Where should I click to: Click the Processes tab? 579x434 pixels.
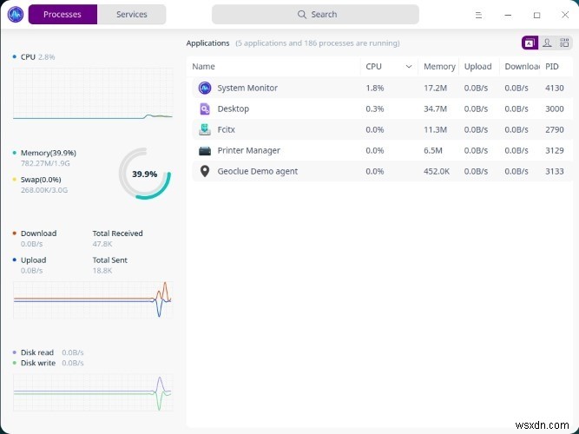(x=63, y=15)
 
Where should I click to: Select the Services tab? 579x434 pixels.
(x=131, y=15)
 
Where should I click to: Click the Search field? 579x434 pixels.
(x=315, y=15)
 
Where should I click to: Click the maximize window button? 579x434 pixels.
(x=536, y=15)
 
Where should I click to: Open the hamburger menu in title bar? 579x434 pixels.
(x=479, y=15)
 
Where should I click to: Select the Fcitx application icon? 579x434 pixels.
(x=205, y=129)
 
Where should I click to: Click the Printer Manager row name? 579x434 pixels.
(x=248, y=150)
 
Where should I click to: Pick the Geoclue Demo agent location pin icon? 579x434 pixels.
(x=205, y=171)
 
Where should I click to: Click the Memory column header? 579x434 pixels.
(x=438, y=67)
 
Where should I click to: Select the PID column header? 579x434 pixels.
(x=552, y=67)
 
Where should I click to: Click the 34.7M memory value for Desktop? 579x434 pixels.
(x=434, y=108)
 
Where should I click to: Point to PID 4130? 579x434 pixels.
(x=554, y=88)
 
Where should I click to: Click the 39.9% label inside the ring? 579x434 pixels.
(x=144, y=174)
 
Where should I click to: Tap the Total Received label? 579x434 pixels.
(x=117, y=233)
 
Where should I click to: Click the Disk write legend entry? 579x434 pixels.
(x=38, y=363)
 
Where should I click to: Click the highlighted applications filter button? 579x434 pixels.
(x=529, y=43)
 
